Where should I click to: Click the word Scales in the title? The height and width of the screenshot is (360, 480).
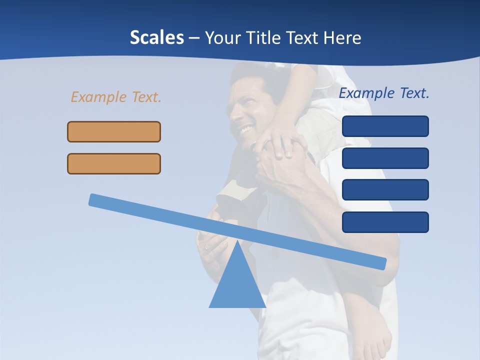click(156, 37)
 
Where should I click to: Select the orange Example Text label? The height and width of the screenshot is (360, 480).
click(116, 97)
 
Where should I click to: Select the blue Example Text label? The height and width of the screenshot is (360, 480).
click(384, 93)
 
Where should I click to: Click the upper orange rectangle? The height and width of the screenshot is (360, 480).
click(114, 131)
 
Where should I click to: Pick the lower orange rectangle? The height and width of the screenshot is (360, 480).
click(114, 163)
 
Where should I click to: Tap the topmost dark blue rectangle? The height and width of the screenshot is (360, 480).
click(385, 126)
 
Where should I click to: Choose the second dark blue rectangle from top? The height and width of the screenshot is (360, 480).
click(385, 158)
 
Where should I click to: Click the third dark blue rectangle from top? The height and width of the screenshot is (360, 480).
click(385, 189)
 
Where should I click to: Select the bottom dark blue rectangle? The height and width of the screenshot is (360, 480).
click(385, 222)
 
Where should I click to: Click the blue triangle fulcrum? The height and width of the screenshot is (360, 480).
click(237, 285)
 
